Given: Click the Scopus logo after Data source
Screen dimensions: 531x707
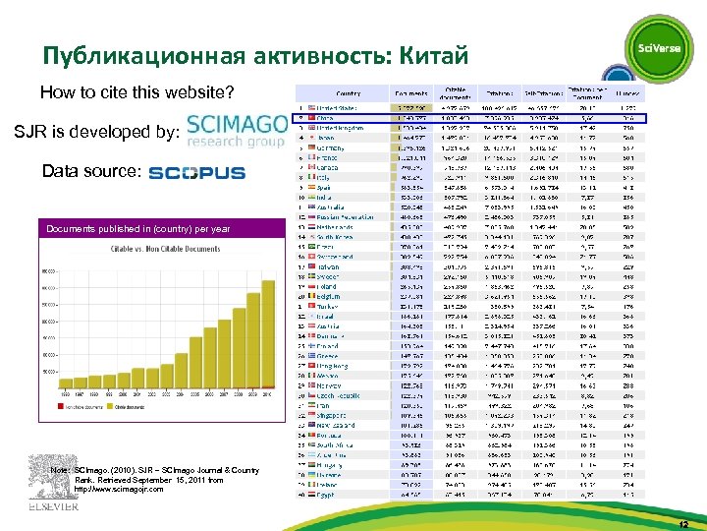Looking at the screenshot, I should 196,173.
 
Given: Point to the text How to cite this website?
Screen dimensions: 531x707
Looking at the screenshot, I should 137,93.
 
